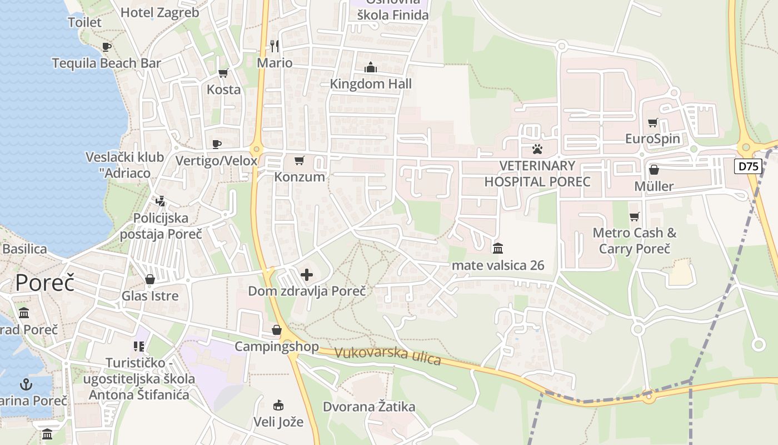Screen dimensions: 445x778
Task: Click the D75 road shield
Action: (748, 166)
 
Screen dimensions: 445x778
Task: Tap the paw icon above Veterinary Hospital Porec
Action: (537, 149)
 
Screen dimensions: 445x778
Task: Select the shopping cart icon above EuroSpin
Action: (653, 122)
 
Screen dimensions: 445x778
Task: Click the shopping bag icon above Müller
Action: (654, 170)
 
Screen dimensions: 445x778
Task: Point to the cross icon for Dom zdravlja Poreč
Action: (307, 274)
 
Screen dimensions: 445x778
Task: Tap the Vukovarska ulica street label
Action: (388, 356)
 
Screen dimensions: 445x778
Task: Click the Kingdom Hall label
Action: (371, 84)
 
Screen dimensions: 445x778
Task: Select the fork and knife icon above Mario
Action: (274, 46)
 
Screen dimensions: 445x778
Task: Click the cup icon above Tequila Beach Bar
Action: (107, 47)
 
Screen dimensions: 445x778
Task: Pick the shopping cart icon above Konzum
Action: (300, 161)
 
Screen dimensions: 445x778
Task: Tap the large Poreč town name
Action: (44, 283)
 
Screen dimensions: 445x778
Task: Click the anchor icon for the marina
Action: (26, 384)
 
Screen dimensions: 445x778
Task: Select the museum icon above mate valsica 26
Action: (498, 248)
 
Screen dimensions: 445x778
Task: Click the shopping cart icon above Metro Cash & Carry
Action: (634, 216)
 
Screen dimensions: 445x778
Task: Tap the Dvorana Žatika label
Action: (369, 407)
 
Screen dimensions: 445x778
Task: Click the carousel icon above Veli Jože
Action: (278, 405)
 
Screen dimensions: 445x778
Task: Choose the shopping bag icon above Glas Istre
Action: (150, 279)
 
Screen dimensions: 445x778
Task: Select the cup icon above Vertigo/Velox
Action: (217, 145)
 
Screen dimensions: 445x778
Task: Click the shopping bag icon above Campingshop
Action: (277, 330)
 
